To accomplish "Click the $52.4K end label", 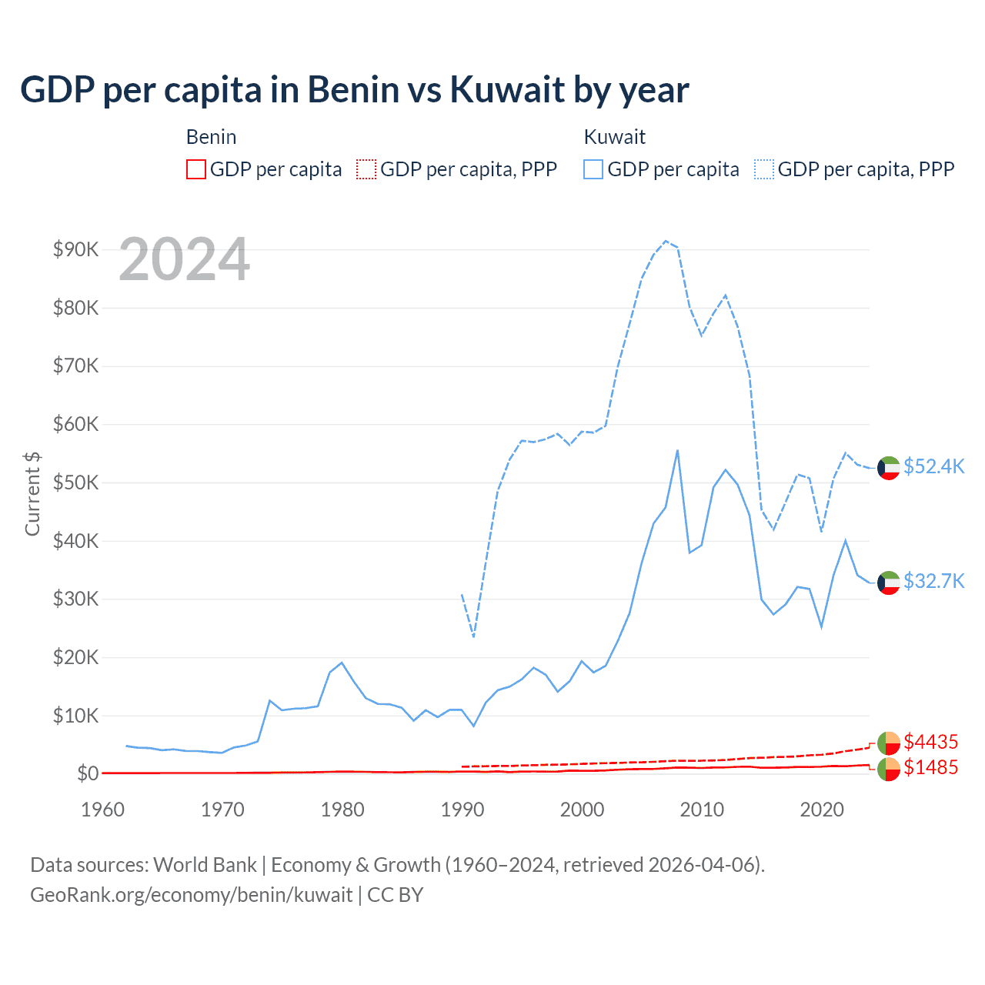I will (x=933, y=467).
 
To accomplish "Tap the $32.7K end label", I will (x=933, y=581).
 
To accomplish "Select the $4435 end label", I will (x=930, y=742).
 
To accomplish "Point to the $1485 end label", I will (x=930, y=767).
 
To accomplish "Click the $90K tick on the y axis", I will (x=75, y=249).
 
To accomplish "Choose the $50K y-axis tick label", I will (x=75, y=482).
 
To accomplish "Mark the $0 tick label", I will (x=88, y=773).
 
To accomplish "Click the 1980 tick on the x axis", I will (x=342, y=810).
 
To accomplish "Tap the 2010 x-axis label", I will (x=702, y=810).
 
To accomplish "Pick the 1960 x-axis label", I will (x=102, y=810).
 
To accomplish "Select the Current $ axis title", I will (x=32, y=493).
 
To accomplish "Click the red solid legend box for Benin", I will (x=196, y=169).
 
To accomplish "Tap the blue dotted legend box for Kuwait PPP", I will (x=764, y=169).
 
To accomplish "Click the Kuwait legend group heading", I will (x=614, y=137).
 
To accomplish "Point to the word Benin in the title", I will (x=353, y=90).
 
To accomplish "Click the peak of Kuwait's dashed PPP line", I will (x=666, y=241).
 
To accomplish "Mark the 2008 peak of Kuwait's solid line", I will (x=677, y=450).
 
